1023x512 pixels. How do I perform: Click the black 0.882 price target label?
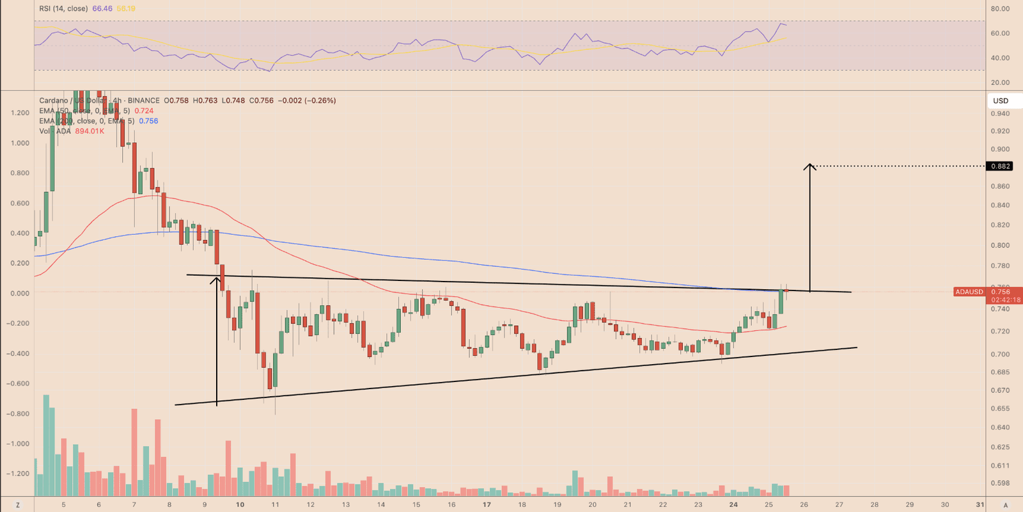tap(1001, 166)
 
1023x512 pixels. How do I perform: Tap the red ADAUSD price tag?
tap(969, 292)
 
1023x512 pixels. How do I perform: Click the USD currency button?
tap(1001, 100)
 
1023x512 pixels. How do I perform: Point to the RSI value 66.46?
tap(102, 9)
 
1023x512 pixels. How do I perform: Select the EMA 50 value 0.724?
tap(144, 111)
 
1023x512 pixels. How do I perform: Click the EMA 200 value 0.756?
tap(148, 121)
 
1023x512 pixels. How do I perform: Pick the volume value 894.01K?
tap(90, 131)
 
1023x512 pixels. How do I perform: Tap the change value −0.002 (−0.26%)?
tap(306, 100)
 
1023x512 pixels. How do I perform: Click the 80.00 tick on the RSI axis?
tap(1000, 9)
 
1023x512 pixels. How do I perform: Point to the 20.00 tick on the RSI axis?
tap(1000, 83)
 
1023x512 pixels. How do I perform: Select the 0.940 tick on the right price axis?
tap(1000, 114)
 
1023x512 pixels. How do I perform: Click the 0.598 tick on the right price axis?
tap(1000, 483)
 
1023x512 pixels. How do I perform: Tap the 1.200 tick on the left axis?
tap(20, 113)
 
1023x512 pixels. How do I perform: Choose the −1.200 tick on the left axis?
tap(18, 474)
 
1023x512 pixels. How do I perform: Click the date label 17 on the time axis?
tap(487, 504)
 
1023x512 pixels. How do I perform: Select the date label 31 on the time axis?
tap(980, 504)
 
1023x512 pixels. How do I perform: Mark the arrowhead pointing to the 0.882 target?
tap(809, 166)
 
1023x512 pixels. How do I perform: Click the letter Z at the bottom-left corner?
tap(18, 505)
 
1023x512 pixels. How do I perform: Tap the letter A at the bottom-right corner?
tap(1006, 505)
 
